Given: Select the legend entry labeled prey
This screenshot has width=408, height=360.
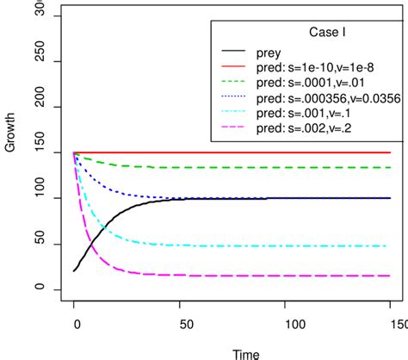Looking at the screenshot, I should [x=281, y=51].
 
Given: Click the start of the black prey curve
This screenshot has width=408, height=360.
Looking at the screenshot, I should [x=75, y=270].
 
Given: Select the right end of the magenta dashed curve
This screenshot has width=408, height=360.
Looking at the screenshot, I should [x=390, y=276].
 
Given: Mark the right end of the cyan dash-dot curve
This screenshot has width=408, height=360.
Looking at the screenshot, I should [x=390, y=245].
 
